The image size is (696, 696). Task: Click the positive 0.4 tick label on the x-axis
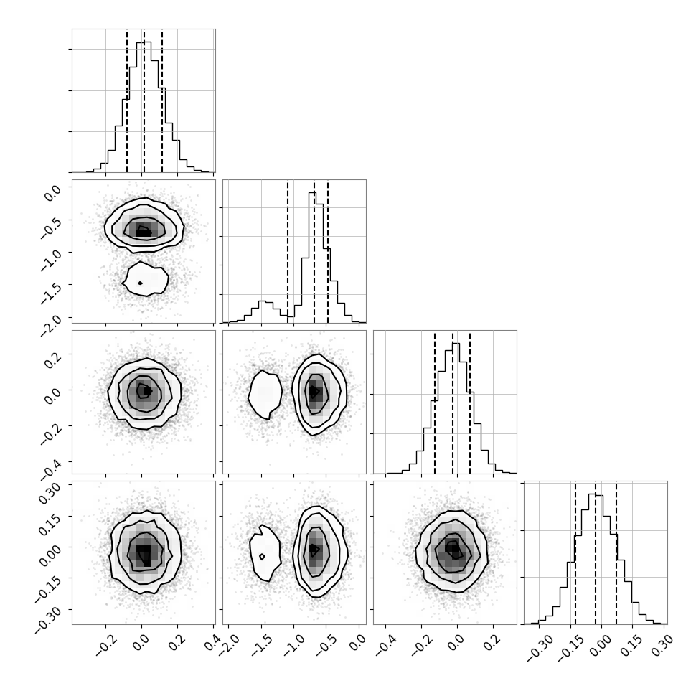coord(212,642)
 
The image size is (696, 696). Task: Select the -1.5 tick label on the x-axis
coord(261,646)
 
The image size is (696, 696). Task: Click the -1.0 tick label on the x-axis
coord(294,646)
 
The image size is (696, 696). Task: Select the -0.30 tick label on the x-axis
coord(539,649)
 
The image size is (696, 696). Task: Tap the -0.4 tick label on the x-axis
coord(386,646)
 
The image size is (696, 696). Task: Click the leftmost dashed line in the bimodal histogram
coord(288,251)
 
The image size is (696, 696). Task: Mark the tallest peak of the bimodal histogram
coord(313,192)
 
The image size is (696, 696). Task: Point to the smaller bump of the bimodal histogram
coord(262,302)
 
